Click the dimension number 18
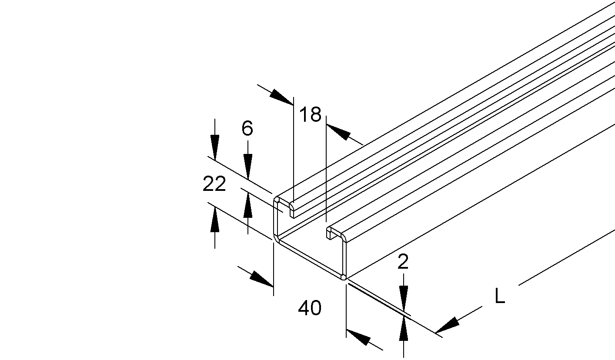tap(310, 114)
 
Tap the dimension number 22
tap(214, 183)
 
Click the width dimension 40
tap(310, 307)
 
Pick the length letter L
tap(500, 295)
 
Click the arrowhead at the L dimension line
tap(447, 325)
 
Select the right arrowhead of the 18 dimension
tap(338, 132)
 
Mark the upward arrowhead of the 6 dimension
tap(247, 205)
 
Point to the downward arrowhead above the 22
tap(215, 147)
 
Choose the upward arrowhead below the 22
tap(215, 220)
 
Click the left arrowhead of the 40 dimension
tap(262, 279)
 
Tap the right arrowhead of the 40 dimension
tap(358, 337)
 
